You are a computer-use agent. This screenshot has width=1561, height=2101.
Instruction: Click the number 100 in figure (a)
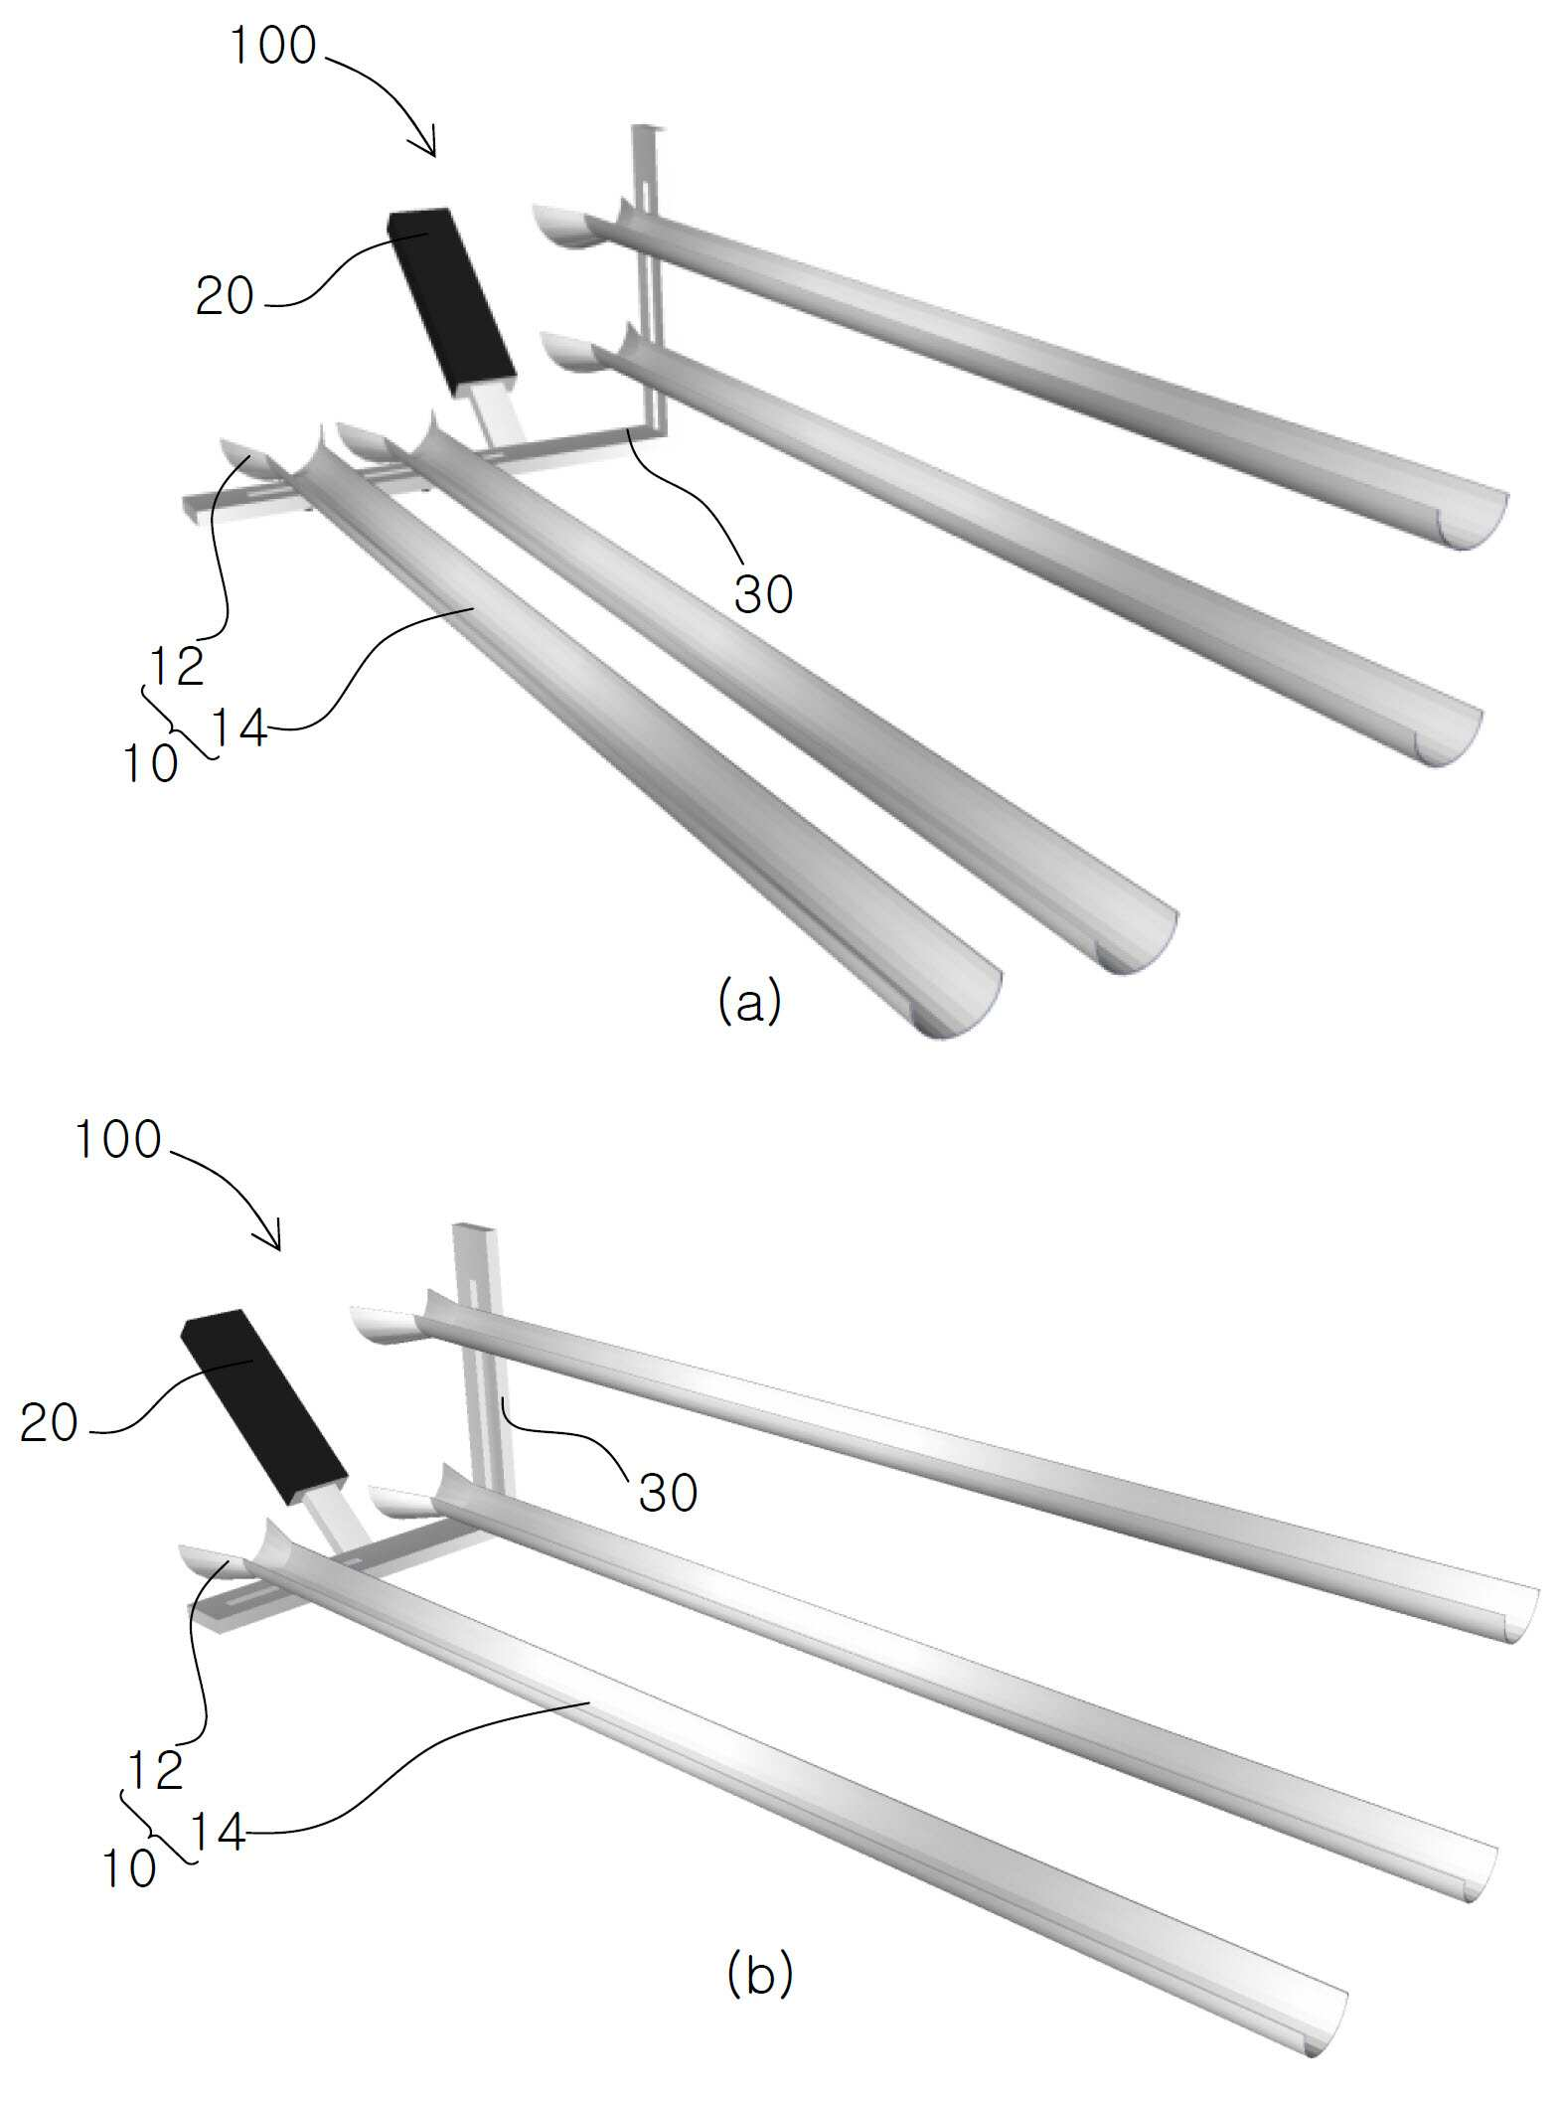tap(272, 46)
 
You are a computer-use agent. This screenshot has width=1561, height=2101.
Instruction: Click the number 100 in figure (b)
tap(117, 1140)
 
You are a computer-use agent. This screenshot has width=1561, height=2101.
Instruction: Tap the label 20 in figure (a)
tap(225, 296)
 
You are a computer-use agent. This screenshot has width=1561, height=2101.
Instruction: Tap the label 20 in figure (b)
tap(49, 1423)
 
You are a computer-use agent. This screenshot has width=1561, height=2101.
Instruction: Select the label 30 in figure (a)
tap(763, 594)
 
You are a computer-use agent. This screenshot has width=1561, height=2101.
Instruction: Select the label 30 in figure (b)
tap(668, 1492)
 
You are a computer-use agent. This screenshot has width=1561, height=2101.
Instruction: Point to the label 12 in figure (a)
tap(177, 666)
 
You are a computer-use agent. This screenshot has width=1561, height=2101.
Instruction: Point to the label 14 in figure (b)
tap(216, 1832)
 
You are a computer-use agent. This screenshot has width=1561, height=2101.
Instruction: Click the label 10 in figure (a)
tap(150, 764)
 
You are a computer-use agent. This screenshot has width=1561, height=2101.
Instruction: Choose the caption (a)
tap(749, 1002)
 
